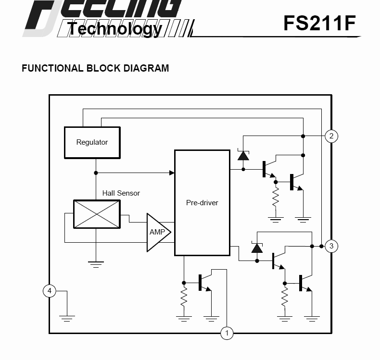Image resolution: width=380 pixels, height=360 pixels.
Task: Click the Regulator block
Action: point(92,142)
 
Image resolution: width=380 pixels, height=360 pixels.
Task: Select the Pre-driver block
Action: point(202,202)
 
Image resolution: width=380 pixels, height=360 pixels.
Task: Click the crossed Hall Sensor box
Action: point(96,214)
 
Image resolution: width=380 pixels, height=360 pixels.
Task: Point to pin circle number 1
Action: point(227,333)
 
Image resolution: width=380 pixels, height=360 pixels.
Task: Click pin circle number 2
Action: point(331,136)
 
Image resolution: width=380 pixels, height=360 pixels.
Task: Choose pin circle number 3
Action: point(331,246)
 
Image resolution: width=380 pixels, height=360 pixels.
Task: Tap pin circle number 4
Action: point(49,291)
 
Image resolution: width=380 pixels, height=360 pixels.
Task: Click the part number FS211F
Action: point(319,23)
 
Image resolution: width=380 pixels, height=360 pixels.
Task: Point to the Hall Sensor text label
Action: point(121,193)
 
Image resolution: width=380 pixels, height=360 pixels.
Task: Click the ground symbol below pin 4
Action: point(66,317)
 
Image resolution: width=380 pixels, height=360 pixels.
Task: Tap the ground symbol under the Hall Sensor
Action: point(96,263)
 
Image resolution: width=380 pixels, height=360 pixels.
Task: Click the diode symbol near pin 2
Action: point(243,155)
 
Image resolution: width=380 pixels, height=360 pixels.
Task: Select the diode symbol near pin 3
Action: point(257,248)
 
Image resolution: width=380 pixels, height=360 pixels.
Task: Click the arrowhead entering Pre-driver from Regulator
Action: point(172,173)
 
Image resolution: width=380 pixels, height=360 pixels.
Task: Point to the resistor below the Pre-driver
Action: point(183,298)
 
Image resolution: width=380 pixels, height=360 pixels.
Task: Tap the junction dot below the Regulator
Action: point(96,173)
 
